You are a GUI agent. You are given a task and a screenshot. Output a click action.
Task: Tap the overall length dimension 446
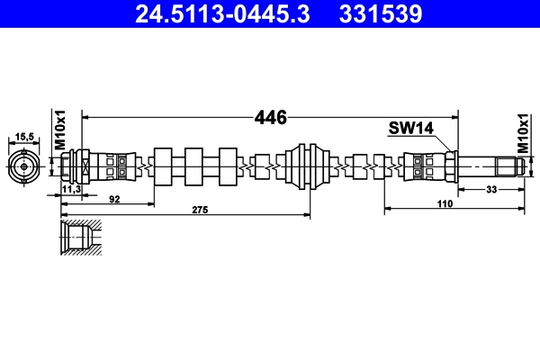270,117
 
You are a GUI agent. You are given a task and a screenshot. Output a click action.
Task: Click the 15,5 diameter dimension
24,136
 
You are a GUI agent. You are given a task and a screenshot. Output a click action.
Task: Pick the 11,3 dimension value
72,190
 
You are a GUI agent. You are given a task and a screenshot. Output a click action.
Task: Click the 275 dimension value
200,209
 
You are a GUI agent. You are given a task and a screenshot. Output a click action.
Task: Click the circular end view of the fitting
24,166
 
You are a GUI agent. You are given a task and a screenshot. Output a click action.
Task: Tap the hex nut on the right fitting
450,166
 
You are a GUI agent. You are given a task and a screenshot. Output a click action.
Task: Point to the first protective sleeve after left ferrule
163,166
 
